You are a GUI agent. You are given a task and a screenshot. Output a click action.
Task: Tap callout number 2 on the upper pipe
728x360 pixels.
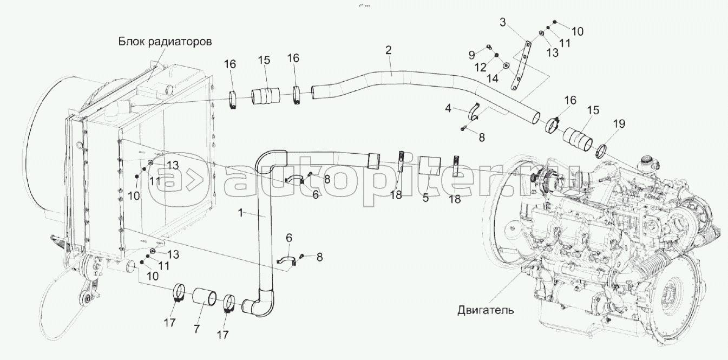tap(388, 50)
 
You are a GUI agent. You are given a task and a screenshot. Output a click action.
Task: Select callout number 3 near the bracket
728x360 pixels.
tap(503, 22)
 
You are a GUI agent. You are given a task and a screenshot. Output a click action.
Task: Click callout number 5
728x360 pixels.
tap(426, 198)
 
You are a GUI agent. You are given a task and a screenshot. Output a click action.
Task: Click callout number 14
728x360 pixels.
tap(477, 78)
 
